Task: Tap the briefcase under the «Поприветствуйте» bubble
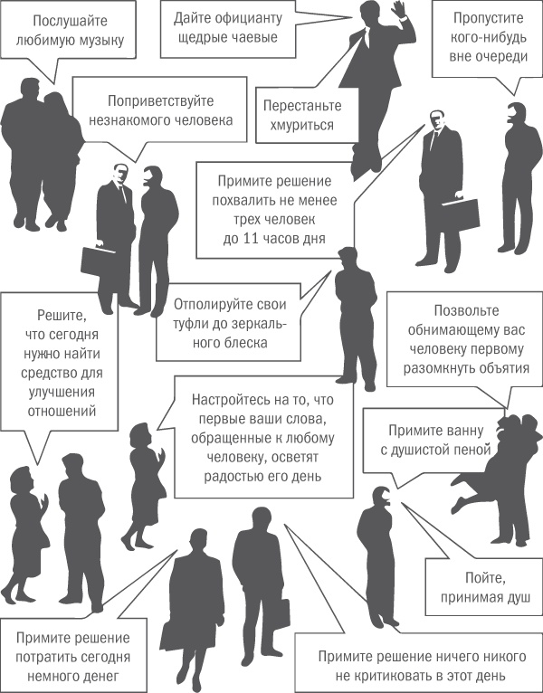(97, 261)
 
